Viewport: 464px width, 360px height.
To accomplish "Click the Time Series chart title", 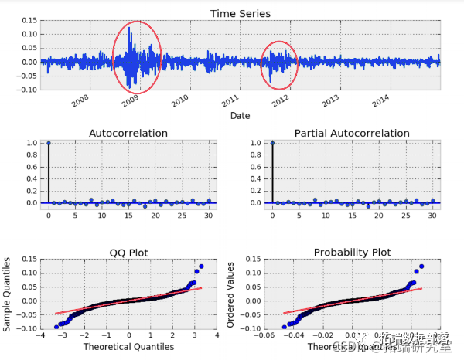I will coord(241,13).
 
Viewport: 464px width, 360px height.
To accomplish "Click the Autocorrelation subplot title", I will coord(128,133).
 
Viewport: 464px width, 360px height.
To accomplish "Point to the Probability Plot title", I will coord(352,253).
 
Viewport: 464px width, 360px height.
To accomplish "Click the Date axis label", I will coord(241,116).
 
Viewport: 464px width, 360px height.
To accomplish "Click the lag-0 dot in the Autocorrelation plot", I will coord(49,143).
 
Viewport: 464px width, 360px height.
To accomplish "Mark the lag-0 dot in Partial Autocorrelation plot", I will coord(273,143).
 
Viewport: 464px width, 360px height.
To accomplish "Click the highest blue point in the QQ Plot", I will coord(201,267).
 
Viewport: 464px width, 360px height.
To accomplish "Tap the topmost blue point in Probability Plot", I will coord(421,267).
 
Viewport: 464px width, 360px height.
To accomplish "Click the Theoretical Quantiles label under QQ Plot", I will coord(128,347).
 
